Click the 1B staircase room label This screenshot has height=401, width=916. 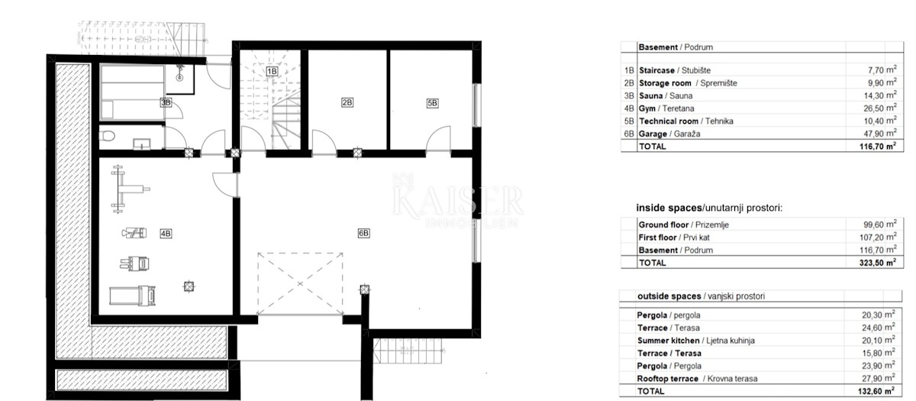272,72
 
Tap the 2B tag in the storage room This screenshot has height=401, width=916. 347,102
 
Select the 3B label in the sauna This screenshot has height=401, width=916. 166,102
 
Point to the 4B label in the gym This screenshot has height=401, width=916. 166,234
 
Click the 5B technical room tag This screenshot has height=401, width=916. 432,103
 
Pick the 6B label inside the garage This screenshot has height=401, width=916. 363,233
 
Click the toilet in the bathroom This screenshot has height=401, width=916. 107,135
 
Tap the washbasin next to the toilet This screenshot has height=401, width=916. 141,144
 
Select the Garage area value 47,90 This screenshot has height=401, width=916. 872,134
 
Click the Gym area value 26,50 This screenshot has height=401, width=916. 872,108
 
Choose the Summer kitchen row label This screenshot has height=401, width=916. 668,341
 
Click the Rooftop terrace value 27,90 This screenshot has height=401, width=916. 872,379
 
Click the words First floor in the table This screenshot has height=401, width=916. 657,238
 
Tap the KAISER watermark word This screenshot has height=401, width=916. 457,201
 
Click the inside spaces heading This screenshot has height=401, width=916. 709,208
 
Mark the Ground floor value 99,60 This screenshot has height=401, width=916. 872,225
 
